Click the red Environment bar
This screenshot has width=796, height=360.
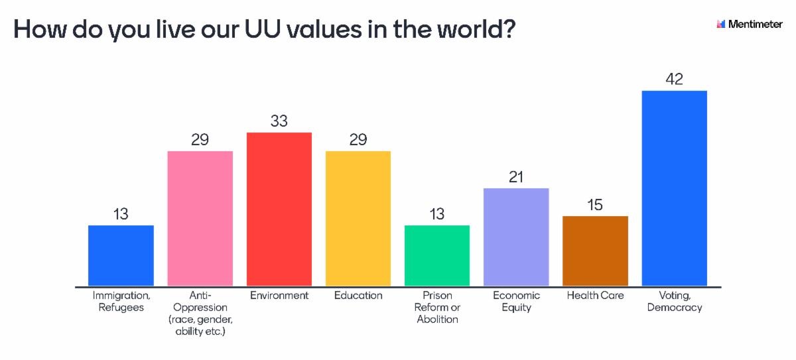click(279, 209)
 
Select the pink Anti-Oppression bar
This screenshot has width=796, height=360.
click(200, 218)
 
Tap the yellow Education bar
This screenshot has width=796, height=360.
click(358, 218)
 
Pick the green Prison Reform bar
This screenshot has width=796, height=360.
click(437, 255)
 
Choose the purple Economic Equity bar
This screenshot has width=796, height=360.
click(516, 237)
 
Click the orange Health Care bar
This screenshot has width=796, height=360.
click(595, 251)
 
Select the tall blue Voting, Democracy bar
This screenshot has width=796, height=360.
click(674, 188)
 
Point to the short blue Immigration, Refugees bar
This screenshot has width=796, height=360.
click(121, 255)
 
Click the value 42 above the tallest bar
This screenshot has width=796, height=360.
click(674, 79)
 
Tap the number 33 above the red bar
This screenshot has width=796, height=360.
click(279, 121)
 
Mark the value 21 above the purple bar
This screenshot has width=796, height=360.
click(516, 177)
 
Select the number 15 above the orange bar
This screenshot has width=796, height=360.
click(595, 205)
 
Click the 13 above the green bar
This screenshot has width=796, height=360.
click(437, 214)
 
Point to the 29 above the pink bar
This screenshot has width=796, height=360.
click(200, 140)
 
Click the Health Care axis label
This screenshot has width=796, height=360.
click(595, 296)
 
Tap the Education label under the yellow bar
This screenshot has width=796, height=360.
click(358, 296)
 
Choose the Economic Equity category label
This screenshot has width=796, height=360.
click(516, 301)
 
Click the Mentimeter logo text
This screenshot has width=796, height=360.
click(755, 24)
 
